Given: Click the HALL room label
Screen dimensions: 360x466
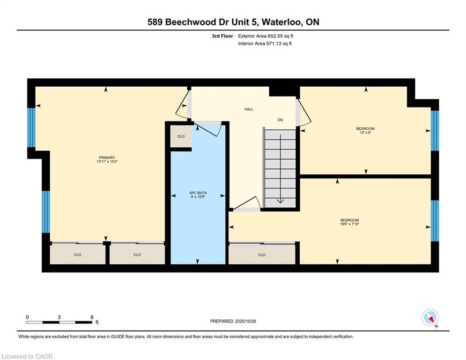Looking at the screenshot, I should click(x=249, y=109).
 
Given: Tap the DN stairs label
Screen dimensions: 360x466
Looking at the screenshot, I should click(x=280, y=120).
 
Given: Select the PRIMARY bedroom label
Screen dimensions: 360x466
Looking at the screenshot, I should click(x=107, y=157).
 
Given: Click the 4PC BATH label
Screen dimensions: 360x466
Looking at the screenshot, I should click(x=198, y=193).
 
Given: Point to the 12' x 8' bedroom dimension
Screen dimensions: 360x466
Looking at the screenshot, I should click(x=365, y=133).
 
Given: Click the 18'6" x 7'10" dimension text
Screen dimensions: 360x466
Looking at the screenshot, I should click(x=349, y=225).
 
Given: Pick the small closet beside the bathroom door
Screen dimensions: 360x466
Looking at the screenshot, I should click(x=181, y=136).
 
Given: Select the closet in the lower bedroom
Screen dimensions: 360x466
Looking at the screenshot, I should click(x=262, y=255).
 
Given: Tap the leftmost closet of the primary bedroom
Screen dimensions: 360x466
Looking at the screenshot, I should click(x=78, y=255).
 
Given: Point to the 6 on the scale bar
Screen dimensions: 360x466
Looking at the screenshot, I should click(x=92, y=317).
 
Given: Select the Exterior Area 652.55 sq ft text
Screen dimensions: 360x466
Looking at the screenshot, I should click(x=266, y=36).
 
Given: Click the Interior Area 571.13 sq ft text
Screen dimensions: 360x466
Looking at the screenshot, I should click(x=265, y=44).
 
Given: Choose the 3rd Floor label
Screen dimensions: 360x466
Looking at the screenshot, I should click(x=223, y=36).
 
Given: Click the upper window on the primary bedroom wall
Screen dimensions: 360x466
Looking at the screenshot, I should click(x=31, y=127).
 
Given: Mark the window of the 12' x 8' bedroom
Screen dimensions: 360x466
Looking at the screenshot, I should click(x=435, y=130).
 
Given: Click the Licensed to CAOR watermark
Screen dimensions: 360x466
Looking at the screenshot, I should click(x=28, y=356).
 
